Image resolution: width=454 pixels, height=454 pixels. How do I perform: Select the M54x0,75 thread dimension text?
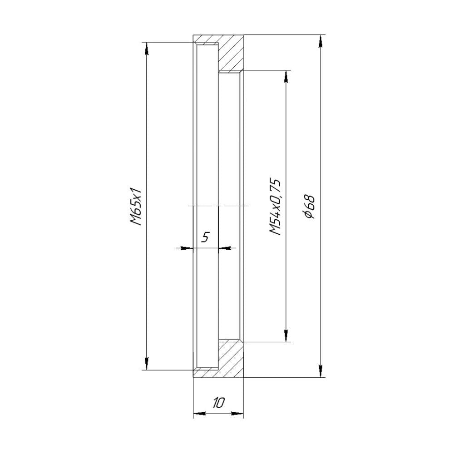(276, 207)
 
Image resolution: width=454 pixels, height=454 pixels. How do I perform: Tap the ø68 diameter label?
(310, 207)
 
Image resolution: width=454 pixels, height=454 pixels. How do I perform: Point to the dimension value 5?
(205, 237)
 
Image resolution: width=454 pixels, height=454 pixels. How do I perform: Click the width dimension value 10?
(218, 403)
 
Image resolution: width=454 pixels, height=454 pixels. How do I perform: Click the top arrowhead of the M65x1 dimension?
(146, 48)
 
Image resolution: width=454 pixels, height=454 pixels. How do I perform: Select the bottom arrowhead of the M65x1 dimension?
(146, 364)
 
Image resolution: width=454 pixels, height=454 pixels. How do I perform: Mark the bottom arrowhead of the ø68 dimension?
(321, 371)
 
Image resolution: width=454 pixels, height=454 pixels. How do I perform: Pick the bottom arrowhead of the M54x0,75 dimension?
(286, 335)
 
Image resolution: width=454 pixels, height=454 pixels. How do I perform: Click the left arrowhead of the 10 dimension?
(199, 414)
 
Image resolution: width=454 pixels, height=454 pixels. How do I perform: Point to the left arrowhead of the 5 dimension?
(187, 248)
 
